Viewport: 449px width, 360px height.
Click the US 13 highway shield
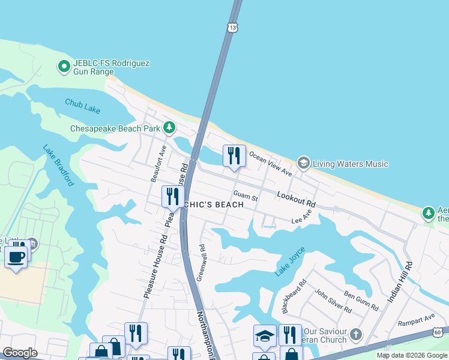tap(232, 27)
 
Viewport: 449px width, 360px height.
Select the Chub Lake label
tap(83, 106)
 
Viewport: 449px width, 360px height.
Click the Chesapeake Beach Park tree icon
tap(170, 127)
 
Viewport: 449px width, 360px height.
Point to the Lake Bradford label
tap(58, 164)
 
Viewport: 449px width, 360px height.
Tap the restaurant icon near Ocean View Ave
tap(235, 155)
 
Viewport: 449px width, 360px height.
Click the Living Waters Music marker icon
tap(303, 163)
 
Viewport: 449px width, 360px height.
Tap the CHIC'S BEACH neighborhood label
tap(214, 205)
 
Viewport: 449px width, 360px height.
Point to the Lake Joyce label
tap(291, 262)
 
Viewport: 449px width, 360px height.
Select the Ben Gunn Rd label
tap(361, 301)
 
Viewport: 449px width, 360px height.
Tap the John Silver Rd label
tap(333, 304)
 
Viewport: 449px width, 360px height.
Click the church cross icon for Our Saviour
tap(357, 334)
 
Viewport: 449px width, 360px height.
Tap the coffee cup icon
tap(16, 257)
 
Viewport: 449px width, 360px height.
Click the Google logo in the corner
tap(20, 352)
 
